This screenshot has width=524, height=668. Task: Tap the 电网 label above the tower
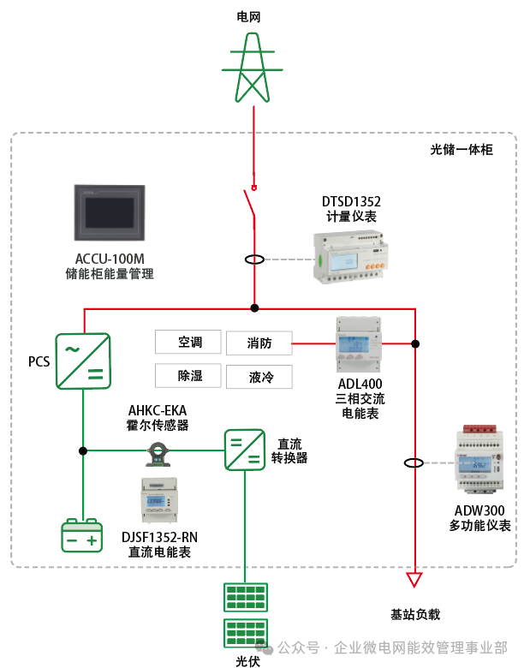tap(253, 16)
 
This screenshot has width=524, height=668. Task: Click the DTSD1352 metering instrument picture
tap(348, 257)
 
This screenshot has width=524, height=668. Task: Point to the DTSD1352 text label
tap(351, 202)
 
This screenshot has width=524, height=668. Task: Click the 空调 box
tap(188, 343)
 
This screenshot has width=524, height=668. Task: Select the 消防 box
tap(259, 343)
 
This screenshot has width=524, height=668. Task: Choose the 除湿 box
tap(188, 376)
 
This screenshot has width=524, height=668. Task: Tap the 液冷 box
tap(259, 377)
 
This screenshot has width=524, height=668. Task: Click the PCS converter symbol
tap(83, 361)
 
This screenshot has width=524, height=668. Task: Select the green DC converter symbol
tap(245, 450)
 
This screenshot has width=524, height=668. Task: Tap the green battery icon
tap(82, 537)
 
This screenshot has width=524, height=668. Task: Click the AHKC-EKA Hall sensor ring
tap(158, 450)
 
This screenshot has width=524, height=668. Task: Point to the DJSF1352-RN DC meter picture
tap(158, 501)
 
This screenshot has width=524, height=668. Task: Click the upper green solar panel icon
tap(245, 597)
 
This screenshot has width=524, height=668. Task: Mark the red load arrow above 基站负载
tap(414, 580)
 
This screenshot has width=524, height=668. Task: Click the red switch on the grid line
tap(252, 206)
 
